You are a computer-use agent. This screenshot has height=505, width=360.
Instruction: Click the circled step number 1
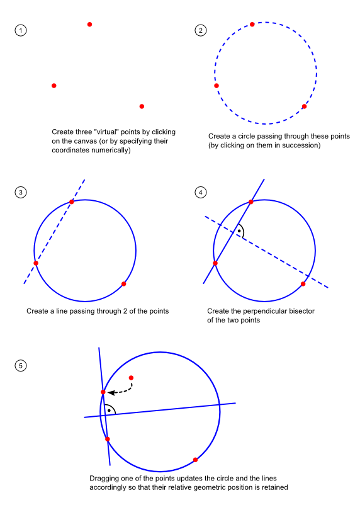pyautogui.click(x=21, y=31)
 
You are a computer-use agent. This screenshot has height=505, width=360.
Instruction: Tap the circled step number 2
pyautogui.click(x=201, y=31)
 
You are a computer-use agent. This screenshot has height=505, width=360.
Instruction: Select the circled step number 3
pyautogui.click(x=21, y=193)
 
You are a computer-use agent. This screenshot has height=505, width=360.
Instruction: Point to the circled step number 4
pyautogui.click(x=201, y=193)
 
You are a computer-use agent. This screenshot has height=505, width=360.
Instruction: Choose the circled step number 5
pyautogui.click(x=21, y=366)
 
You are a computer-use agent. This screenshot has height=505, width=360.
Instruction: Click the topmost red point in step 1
pyautogui.click(x=90, y=25)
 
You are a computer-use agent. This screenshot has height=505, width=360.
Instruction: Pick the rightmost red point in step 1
pyautogui.click(x=142, y=106)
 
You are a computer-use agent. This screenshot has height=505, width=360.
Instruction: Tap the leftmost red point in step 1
pyautogui.click(x=54, y=86)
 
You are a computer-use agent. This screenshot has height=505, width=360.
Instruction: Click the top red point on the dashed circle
pyautogui.click(x=252, y=25)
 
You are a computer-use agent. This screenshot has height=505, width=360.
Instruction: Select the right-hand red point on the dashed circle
pyautogui.click(x=304, y=106)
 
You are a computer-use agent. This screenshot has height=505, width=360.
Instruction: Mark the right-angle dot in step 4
pyautogui.click(x=239, y=231)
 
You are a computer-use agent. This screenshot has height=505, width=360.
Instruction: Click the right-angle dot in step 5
pyautogui.click(x=109, y=411)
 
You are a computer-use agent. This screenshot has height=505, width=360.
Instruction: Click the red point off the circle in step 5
pyautogui.click(x=131, y=378)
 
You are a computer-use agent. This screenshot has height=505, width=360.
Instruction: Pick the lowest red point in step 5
pyautogui.click(x=195, y=460)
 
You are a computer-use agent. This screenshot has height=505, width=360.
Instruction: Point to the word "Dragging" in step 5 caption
pyautogui.click(x=103, y=479)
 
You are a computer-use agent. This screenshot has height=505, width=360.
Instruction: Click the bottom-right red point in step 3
pyautogui.click(x=123, y=284)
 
